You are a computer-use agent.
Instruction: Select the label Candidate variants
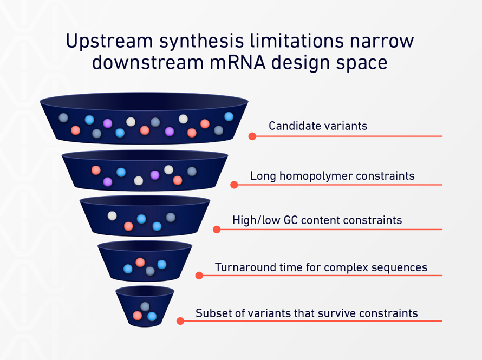click(318, 126)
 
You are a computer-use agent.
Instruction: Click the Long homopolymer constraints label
click(332, 176)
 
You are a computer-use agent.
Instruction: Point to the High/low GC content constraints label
click(317, 220)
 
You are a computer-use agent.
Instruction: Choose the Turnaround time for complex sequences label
click(321, 267)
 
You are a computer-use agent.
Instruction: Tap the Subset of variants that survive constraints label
click(307, 313)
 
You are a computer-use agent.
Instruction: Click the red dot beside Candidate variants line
click(252, 136)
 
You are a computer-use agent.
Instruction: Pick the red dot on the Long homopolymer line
click(234, 185)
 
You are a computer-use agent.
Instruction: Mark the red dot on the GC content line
click(217, 230)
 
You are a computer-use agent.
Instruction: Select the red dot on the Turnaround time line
click(199, 276)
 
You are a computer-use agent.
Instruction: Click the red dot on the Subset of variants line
click(180, 321)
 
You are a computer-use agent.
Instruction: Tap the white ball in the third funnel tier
click(112, 215)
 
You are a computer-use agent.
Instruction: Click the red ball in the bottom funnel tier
click(138, 315)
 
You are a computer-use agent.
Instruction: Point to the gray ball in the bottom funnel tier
click(145, 306)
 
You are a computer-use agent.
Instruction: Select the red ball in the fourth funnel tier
click(140, 262)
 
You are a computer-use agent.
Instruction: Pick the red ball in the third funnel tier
click(128, 226)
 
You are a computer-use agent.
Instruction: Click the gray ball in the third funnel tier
click(171, 217)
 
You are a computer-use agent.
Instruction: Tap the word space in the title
click(361, 63)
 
